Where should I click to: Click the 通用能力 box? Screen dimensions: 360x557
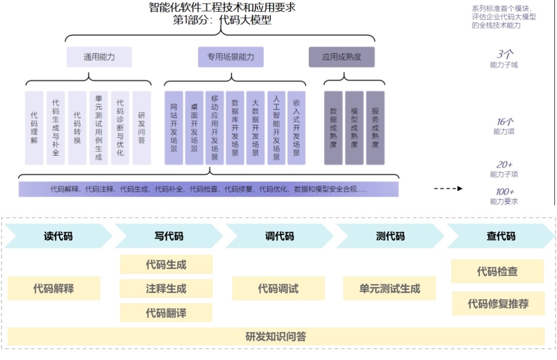99,57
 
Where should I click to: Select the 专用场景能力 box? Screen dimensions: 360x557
231,57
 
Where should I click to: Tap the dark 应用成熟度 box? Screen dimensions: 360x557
341,57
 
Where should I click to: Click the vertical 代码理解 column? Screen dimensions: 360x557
34,127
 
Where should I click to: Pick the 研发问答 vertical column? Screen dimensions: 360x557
141,127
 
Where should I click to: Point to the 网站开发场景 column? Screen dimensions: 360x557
174,127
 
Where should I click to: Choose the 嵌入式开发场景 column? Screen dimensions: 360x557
296,127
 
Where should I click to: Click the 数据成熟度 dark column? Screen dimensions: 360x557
333,127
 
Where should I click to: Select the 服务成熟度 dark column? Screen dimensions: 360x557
375,127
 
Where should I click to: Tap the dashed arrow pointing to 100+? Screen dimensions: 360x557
448,188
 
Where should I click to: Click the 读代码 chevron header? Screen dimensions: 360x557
58,236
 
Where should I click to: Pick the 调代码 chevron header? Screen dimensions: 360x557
280,236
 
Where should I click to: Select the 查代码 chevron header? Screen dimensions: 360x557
500,236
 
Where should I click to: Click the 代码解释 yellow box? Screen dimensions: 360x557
53,289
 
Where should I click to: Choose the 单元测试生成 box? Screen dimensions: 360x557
389,289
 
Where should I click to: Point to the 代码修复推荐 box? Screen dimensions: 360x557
498,304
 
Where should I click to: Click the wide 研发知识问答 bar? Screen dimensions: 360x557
276,337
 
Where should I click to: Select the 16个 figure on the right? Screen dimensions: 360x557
505,122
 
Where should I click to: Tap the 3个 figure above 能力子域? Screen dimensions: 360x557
505,54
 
